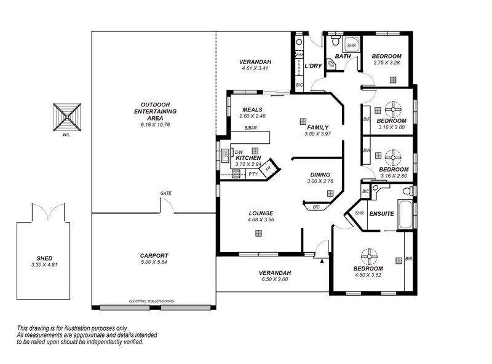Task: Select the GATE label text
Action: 165,193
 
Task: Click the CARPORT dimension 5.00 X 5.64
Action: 154,263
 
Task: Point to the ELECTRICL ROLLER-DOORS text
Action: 151,301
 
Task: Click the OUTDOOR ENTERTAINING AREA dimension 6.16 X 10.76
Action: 155,125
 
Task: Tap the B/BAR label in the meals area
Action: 250,128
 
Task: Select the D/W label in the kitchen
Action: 239,152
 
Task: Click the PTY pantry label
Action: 253,174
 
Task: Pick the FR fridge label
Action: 268,168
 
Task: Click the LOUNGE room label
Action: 261,213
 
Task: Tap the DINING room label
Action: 320,175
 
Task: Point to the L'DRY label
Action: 314,66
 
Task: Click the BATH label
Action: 343,57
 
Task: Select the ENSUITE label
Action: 381,213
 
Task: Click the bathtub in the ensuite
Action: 407,215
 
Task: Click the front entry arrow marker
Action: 321,261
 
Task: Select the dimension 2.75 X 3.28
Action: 387,63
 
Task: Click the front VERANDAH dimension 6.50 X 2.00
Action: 274,279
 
